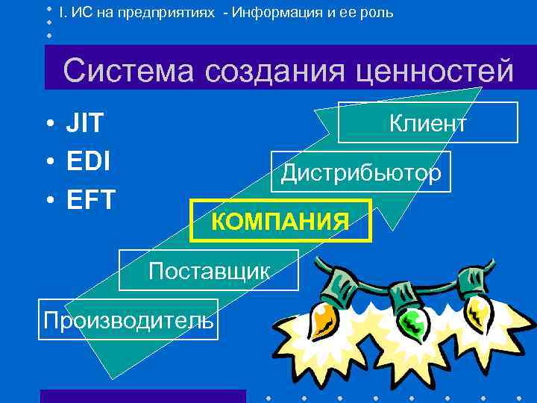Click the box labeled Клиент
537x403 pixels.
coord(428,122)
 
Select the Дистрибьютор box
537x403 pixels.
coord(361,172)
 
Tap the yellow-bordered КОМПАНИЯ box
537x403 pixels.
coord(280,221)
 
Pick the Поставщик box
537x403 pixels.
coord(209,270)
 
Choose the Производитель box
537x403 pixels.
coord(128,319)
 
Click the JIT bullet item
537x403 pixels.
coord(85,124)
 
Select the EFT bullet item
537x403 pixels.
coord(90,200)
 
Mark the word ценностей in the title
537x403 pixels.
coord(433,72)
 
